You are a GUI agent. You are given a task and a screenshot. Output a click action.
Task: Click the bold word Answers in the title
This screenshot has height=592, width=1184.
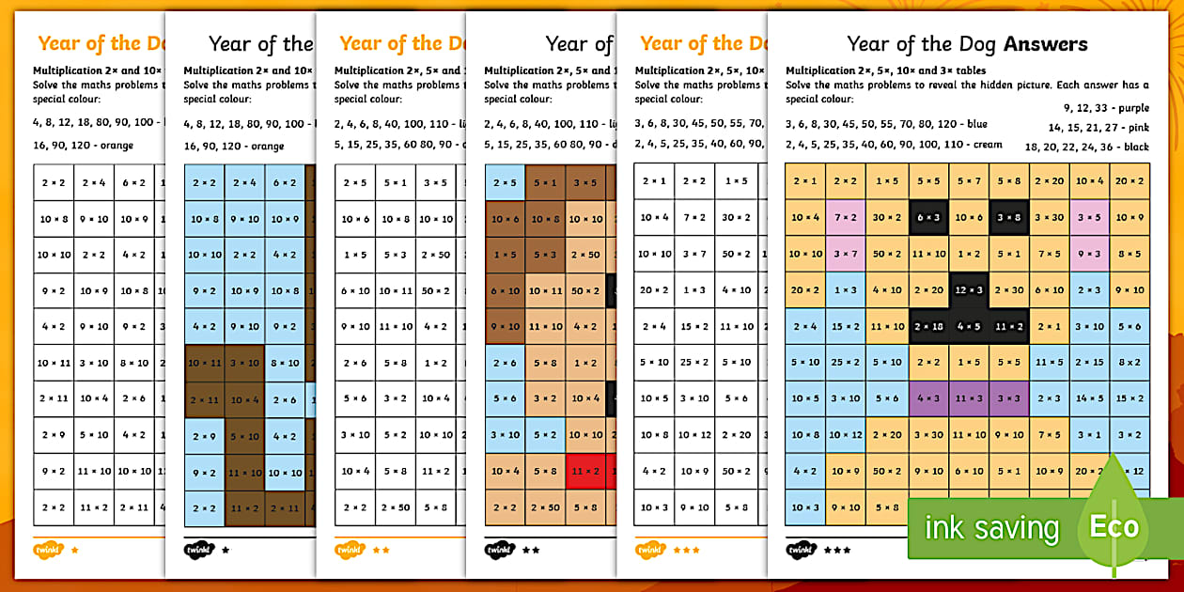point(1045,43)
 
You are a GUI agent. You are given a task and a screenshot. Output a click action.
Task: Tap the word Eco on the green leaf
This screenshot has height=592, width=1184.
point(1114,526)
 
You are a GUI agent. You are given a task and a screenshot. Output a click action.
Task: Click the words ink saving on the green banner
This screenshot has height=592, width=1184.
point(991,528)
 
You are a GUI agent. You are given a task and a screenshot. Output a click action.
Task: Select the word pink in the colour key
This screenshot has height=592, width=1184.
point(1136,127)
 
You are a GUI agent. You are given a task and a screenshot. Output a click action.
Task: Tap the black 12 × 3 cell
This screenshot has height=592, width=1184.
point(969,290)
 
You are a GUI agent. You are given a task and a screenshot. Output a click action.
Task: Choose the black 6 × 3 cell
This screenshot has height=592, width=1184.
point(928,217)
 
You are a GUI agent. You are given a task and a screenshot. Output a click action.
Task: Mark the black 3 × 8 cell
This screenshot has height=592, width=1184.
point(1009,217)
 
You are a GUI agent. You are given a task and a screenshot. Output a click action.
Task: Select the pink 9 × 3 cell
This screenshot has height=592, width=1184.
point(1089,254)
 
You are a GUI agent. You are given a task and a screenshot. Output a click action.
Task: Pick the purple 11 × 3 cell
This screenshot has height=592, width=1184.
point(969,397)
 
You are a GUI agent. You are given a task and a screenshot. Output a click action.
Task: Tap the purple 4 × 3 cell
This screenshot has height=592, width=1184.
point(928,397)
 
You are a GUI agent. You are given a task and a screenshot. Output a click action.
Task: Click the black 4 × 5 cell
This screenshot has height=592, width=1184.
point(969,326)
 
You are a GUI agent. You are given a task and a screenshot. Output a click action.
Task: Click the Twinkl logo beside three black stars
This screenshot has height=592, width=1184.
point(801,549)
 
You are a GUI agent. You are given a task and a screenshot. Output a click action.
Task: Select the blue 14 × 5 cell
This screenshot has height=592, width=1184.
point(1089,397)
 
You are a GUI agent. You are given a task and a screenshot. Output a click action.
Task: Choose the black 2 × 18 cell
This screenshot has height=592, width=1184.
point(928,326)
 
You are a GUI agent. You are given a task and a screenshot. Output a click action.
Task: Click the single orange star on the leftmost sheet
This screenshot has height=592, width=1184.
point(74,549)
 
